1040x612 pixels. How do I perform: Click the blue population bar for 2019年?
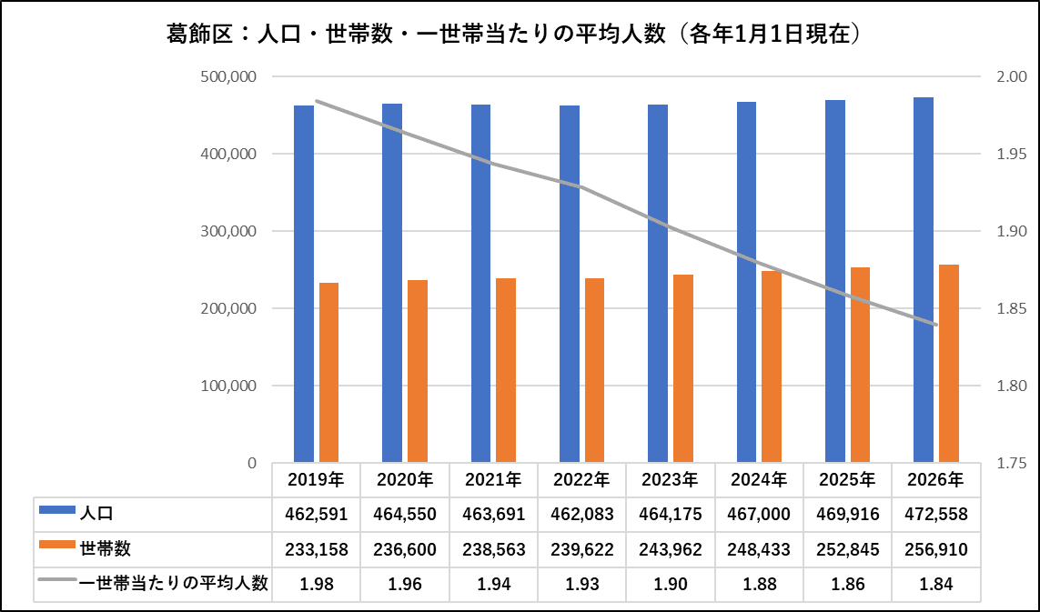[304, 284]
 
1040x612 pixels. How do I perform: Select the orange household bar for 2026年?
[949, 364]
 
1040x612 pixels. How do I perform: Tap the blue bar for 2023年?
[658, 283]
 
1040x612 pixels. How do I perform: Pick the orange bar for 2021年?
[506, 370]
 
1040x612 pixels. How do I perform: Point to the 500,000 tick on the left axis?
[228, 77]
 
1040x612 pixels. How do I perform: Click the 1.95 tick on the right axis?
[1012, 154]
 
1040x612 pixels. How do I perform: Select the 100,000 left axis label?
[228, 386]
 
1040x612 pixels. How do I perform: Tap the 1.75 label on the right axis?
[1012, 463]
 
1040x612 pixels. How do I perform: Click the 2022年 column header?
[581, 479]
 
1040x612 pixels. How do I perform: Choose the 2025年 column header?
[847, 479]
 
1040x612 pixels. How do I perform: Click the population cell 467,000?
[759, 514]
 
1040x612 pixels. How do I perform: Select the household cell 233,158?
[317, 549]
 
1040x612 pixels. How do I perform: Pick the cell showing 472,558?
[936, 514]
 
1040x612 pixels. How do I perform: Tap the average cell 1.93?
[581, 584]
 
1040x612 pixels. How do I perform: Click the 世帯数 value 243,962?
[670, 549]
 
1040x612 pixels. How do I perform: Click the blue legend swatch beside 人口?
[57, 509]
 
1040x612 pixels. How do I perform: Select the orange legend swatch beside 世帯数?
[57, 545]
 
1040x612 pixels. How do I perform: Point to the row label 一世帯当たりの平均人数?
[173, 583]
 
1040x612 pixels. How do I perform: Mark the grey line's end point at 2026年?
[936, 325]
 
